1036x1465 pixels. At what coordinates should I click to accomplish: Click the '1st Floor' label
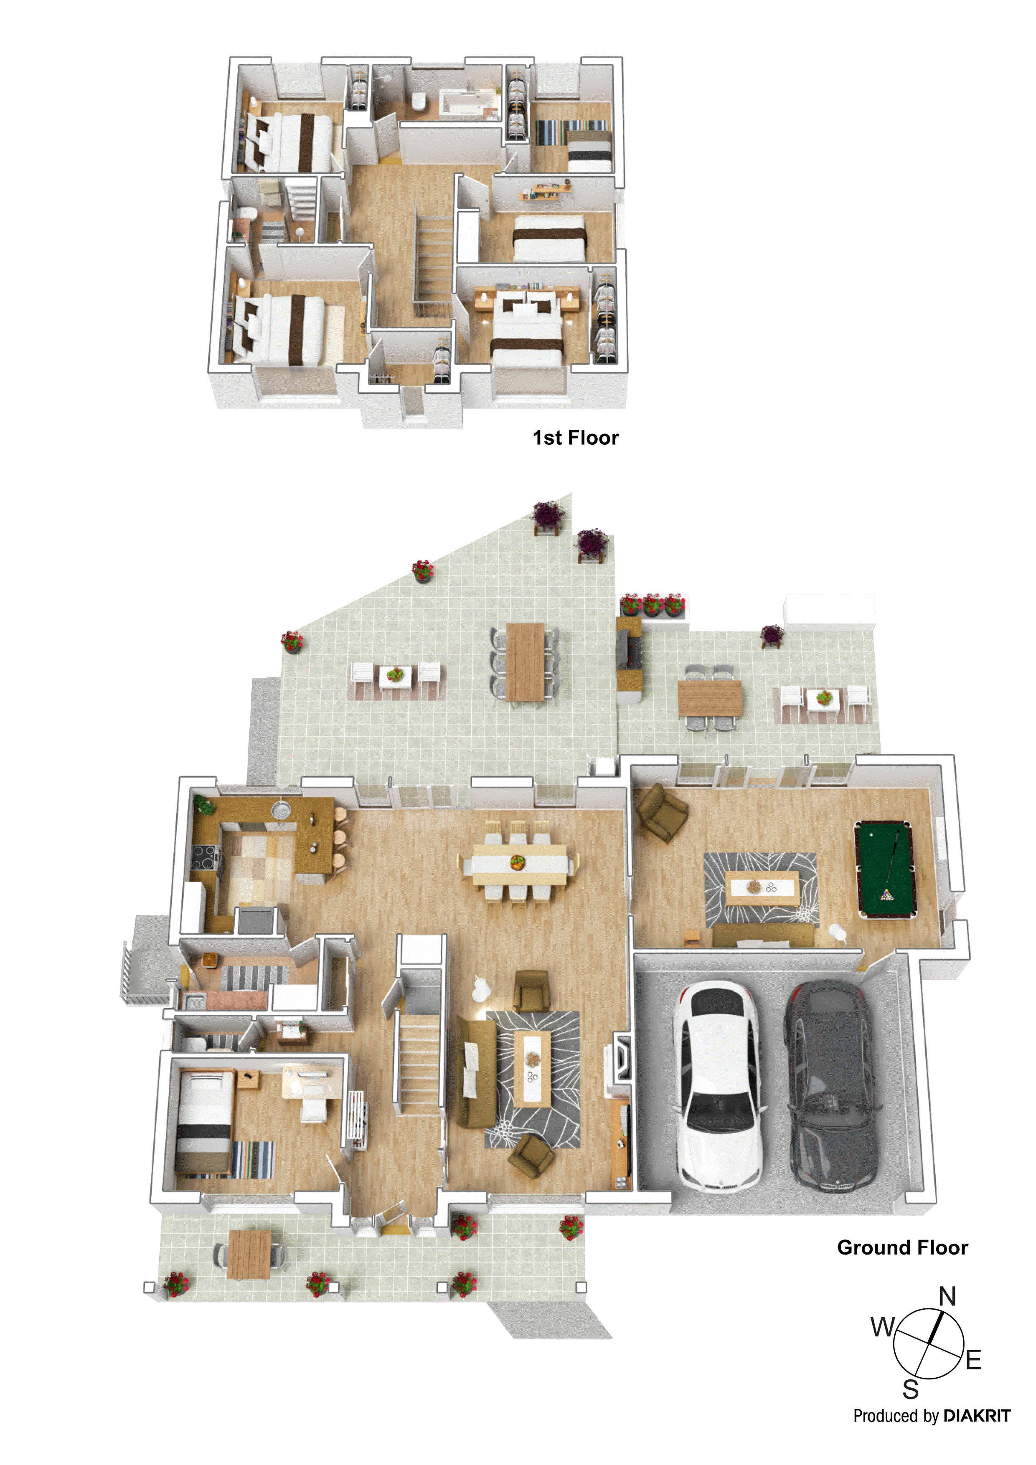point(575,438)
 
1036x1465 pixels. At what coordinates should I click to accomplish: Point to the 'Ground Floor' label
point(902,1247)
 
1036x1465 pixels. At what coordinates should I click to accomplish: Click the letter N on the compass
point(947,1297)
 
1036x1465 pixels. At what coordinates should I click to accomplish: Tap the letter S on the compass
point(910,1389)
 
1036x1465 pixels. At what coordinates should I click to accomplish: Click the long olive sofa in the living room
point(474,1072)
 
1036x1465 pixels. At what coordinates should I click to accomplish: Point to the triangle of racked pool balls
point(886,895)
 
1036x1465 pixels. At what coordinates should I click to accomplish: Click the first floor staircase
point(434,261)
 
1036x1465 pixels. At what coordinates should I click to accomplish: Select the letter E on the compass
point(973,1360)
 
